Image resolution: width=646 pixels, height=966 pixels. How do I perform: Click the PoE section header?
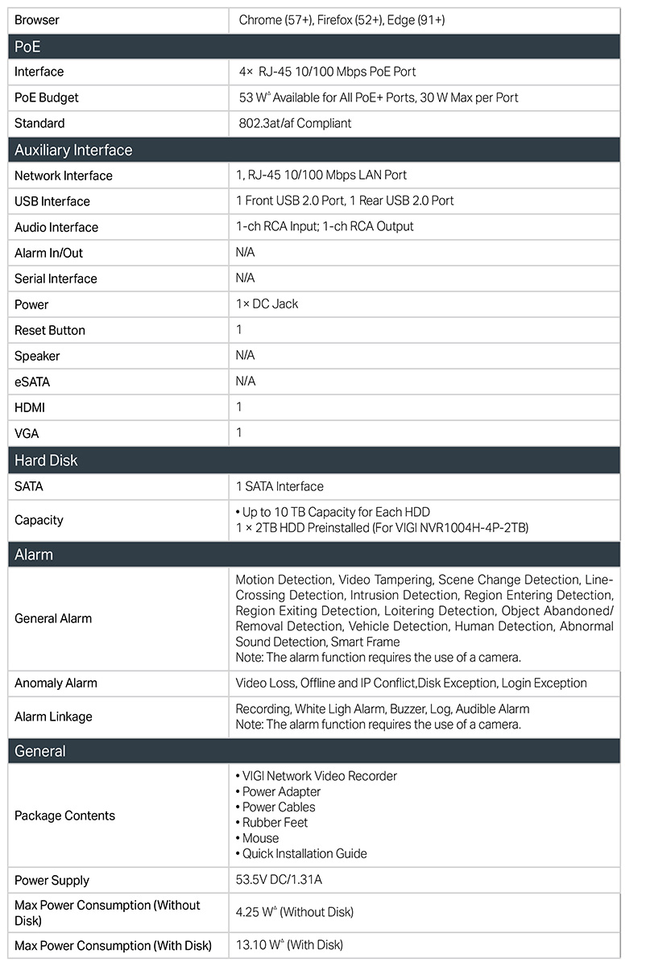point(27,47)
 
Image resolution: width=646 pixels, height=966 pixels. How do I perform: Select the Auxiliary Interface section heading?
point(73,150)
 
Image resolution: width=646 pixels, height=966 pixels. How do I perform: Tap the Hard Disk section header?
point(46,460)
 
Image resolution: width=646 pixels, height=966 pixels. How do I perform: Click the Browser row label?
point(37,19)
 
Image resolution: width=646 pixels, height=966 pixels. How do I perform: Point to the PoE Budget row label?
point(47,97)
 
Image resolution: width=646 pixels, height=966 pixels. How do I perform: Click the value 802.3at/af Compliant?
point(294,123)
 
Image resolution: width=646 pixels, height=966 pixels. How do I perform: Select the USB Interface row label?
point(52,201)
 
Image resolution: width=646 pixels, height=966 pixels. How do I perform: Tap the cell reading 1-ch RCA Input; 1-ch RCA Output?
point(325,226)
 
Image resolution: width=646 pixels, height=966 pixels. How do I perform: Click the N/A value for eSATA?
point(245,381)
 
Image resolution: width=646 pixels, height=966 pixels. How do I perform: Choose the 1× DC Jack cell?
point(267,303)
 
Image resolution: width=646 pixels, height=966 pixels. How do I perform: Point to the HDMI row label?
point(30,407)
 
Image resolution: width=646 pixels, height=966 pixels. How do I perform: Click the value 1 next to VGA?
point(239,432)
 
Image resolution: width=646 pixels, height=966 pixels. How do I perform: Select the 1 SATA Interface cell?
point(280,486)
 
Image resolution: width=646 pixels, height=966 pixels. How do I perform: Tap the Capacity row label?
point(39,520)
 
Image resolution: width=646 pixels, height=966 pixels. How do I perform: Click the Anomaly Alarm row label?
point(56,683)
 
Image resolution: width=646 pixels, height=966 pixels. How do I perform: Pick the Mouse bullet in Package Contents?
point(260,838)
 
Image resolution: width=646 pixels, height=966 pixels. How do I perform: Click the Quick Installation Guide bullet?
point(304,853)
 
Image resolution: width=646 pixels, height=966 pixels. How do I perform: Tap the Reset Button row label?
point(50,330)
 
